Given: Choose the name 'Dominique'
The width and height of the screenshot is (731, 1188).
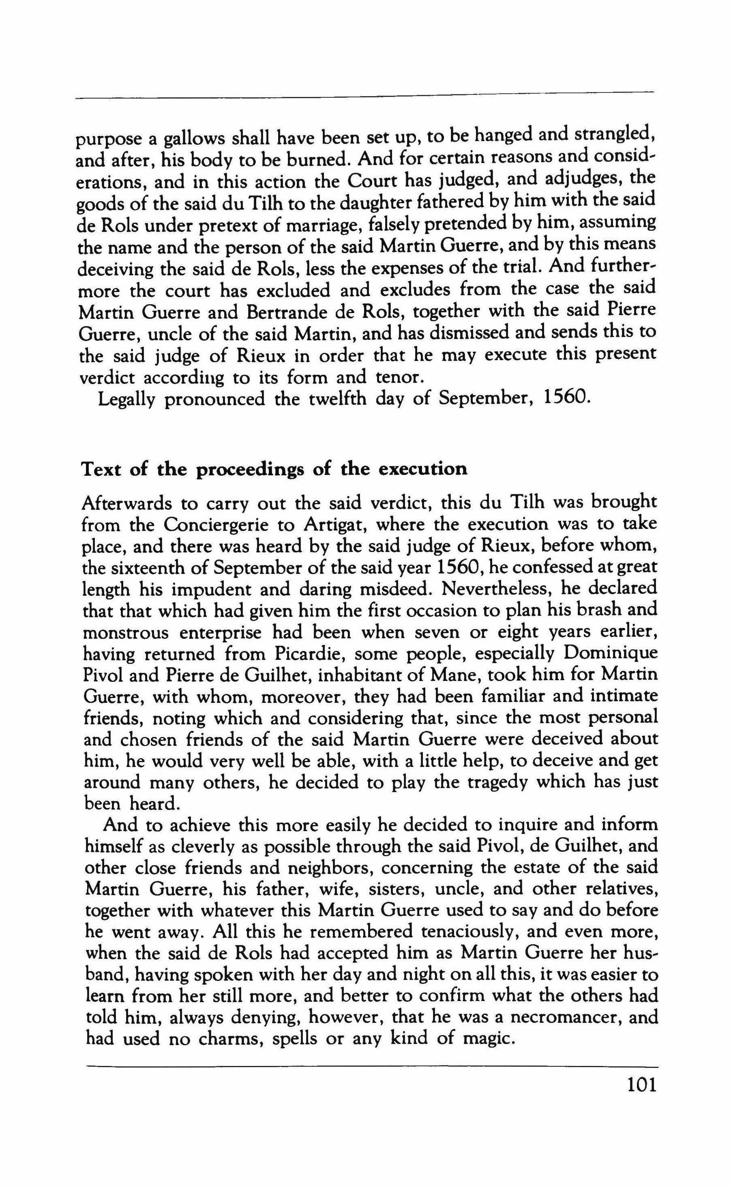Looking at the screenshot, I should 610,654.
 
